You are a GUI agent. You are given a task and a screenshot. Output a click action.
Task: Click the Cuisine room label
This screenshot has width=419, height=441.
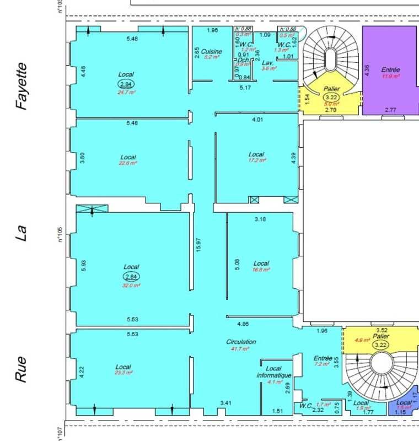click(x=211, y=51)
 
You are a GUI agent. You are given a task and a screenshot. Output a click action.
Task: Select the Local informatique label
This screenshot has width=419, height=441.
click(x=273, y=372)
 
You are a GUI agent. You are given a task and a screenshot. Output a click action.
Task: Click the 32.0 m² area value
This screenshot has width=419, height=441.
click(x=131, y=286)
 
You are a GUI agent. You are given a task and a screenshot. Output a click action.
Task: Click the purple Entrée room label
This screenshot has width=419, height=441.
click(x=390, y=70)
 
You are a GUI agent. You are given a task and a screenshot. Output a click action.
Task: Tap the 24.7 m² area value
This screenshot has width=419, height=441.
click(x=126, y=93)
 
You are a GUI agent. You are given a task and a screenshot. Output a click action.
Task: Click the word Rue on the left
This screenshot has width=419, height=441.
click(x=22, y=369)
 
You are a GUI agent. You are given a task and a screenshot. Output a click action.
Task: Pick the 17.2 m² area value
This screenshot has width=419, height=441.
click(x=257, y=160)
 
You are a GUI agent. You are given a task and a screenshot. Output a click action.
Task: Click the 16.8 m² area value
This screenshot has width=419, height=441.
click(x=261, y=270)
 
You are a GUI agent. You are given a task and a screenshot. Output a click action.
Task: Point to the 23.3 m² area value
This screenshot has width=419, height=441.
click(x=123, y=373)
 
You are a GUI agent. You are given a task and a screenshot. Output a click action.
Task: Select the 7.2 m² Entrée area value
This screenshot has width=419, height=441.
click(x=321, y=364)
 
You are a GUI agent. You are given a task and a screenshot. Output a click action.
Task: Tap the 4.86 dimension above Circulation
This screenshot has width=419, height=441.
click(x=243, y=324)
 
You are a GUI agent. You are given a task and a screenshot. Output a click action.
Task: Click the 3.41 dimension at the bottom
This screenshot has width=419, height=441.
click(x=225, y=403)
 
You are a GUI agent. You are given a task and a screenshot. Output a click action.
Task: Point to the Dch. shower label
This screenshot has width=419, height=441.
click(x=243, y=60)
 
